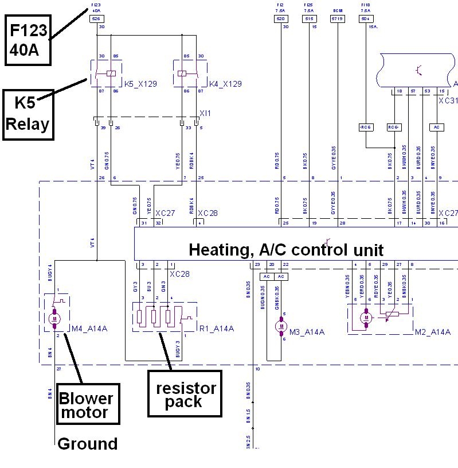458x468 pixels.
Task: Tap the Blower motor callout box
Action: tap(87, 405)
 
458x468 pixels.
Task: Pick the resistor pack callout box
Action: tap(186, 394)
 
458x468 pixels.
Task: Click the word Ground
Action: tap(87, 443)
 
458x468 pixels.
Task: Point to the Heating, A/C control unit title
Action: tap(286, 250)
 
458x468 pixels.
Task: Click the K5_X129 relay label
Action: tap(140, 84)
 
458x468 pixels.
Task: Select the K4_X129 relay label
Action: tap(225, 84)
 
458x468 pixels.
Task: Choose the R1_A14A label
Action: tap(217, 328)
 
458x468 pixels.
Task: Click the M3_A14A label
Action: tap(307, 332)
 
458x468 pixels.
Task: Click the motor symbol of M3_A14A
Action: tap(280, 326)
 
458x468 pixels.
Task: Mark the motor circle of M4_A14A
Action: tap(55, 318)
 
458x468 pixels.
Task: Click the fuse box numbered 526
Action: tap(96, 19)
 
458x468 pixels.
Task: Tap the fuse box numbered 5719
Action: tap(337, 19)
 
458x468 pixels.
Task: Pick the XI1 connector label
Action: tap(205, 113)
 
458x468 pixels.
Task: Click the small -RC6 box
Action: tap(365, 127)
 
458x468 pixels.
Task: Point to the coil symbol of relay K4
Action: tap(182, 73)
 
